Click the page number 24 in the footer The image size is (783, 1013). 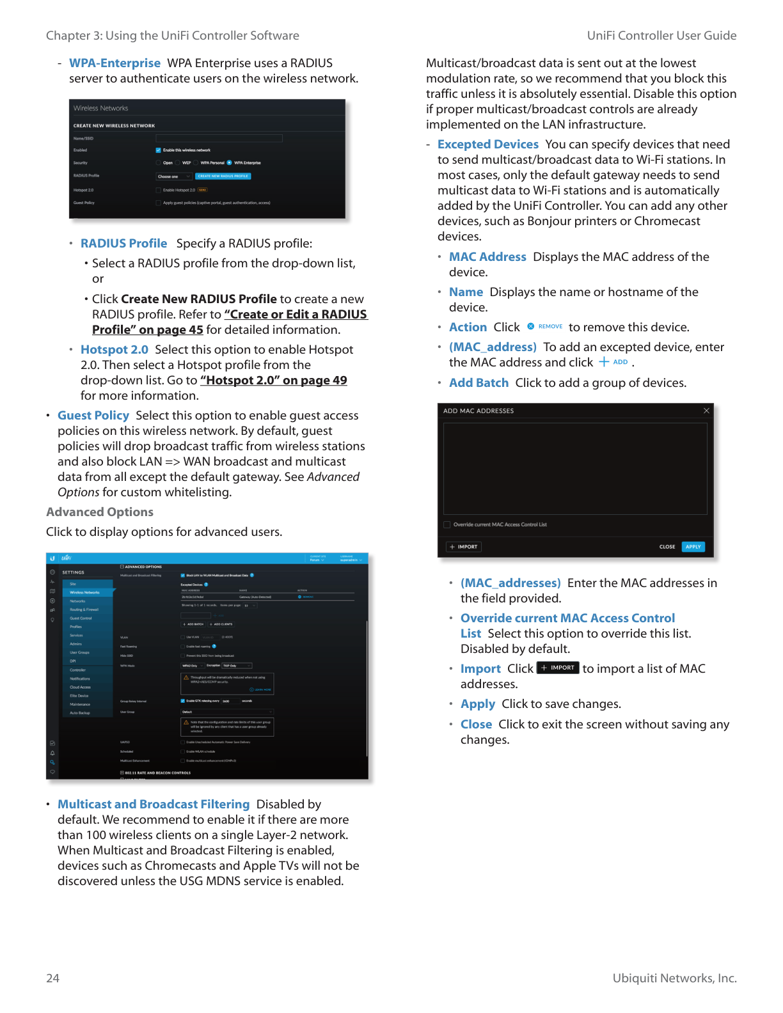click(52, 978)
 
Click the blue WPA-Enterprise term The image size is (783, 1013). click(115, 63)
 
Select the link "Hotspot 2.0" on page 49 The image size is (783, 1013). click(273, 381)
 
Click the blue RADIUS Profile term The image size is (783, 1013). click(123, 244)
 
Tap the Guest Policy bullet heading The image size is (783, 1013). click(93, 416)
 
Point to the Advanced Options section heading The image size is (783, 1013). click(100, 512)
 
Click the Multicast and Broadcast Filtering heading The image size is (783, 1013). click(154, 805)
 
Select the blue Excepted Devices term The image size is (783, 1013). click(487, 145)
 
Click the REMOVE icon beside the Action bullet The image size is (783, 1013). click(531, 327)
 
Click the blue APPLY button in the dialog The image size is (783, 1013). click(693, 547)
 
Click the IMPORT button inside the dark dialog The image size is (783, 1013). click(464, 547)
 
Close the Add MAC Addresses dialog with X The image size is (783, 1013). click(706, 411)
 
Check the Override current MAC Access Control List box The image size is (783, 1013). click(447, 524)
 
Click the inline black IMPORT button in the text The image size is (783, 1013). click(557, 668)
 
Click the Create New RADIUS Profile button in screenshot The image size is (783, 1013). click(223, 177)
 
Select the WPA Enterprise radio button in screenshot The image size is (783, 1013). click(230, 162)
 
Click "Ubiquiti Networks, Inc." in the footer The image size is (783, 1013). click(674, 978)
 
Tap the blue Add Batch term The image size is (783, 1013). click(478, 383)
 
